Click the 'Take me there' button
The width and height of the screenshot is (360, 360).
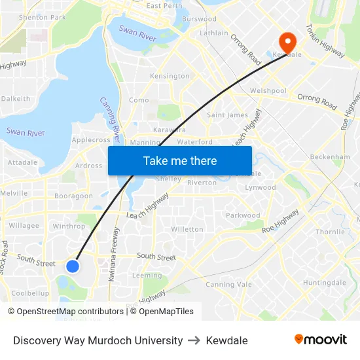[x=180, y=161]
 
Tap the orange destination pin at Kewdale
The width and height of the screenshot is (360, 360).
[x=287, y=41]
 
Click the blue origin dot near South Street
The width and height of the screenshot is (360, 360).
[x=73, y=266]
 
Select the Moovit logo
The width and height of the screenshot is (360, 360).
[x=320, y=340]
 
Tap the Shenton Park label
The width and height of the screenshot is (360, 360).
[x=43, y=17]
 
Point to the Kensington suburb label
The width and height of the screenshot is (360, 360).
[x=170, y=77]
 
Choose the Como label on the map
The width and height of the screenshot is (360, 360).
[x=139, y=100]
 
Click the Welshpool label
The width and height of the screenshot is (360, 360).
[x=268, y=91]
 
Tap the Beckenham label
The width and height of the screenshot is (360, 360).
[x=330, y=157]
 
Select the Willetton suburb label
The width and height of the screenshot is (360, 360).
[x=187, y=229]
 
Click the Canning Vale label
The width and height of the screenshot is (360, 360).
[x=228, y=285]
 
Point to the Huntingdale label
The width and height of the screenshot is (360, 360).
[x=324, y=283]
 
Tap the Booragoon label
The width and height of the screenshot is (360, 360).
[x=73, y=196]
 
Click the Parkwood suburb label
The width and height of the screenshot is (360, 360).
[x=243, y=215]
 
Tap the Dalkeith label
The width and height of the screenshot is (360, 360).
[x=16, y=99]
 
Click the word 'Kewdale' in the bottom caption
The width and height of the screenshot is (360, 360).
[x=226, y=340]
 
